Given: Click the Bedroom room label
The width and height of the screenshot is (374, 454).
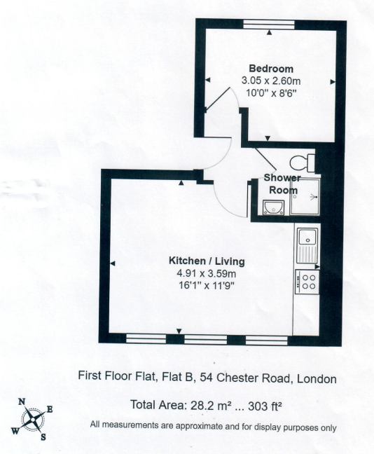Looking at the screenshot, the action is [271, 69].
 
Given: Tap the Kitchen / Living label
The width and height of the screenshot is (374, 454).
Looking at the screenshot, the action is [207, 261].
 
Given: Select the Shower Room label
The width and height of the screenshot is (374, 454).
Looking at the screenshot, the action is [282, 184].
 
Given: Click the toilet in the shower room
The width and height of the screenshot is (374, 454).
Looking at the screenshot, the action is [302, 163].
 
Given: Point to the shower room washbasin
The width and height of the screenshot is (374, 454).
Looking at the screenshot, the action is [273, 207].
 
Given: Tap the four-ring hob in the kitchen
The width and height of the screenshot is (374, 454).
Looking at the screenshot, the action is [307, 282].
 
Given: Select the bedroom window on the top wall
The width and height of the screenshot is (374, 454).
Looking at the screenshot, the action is [269, 25].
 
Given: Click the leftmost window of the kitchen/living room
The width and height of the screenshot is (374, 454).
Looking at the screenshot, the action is [146, 338].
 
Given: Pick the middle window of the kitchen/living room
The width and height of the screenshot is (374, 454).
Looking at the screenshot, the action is [205, 339].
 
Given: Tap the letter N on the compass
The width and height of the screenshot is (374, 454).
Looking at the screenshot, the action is [22, 401].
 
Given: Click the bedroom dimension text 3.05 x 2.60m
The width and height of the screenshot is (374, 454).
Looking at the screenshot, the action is [271, 81].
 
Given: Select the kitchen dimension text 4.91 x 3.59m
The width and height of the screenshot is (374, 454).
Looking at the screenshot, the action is [207, 273].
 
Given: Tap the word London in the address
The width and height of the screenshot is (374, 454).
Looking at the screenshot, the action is [317, 379].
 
